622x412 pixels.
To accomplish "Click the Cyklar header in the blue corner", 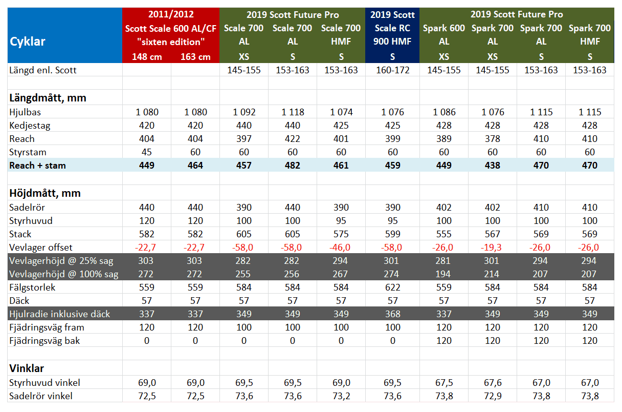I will [28, 42].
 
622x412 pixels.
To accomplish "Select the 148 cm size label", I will [147, 56].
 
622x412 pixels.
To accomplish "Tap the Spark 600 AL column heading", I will [443, 34].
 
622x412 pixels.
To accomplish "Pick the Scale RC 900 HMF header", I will [392, 35].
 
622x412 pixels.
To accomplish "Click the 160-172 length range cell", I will [392, 70].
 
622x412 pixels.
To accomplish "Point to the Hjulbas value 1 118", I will [293, 112].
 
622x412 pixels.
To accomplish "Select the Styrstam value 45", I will [147, 152].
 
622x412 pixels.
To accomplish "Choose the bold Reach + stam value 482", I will [293, 166].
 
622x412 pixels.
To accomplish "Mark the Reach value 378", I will [492, 139].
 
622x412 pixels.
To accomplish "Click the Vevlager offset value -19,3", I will [492, 248].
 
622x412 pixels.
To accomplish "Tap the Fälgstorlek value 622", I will [392, 287].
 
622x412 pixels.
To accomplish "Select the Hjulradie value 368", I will [392, 314].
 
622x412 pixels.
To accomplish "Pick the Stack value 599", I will [392, 234].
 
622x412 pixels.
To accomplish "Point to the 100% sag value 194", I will [443, 274].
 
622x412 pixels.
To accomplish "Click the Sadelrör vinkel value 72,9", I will [492, 396].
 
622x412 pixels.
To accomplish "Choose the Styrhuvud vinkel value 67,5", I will [443, 383].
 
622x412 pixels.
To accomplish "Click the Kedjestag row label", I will [30, 126].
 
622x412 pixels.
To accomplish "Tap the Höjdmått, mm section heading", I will [45, 193].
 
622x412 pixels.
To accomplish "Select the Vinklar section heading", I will [27, 368].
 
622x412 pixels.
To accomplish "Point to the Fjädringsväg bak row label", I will [45, 341].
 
